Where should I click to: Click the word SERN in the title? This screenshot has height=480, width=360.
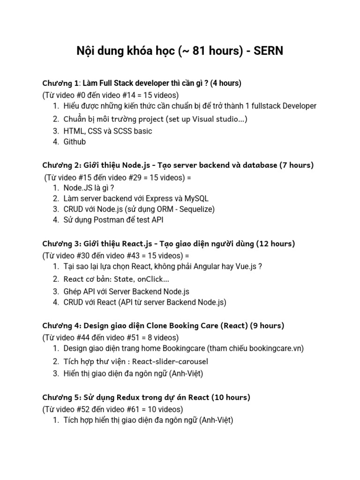tap(269, 51)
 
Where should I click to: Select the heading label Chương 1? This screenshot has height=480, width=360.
tap(60, 83)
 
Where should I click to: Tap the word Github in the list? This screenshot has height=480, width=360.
tap(75, 142)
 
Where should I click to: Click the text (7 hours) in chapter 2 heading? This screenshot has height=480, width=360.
tap(296, 165)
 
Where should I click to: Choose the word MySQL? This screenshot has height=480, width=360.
tap(195, 198)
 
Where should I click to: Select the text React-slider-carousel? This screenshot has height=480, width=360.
tap(170, 361)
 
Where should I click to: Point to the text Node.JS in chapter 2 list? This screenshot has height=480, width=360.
tap(77, 187)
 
